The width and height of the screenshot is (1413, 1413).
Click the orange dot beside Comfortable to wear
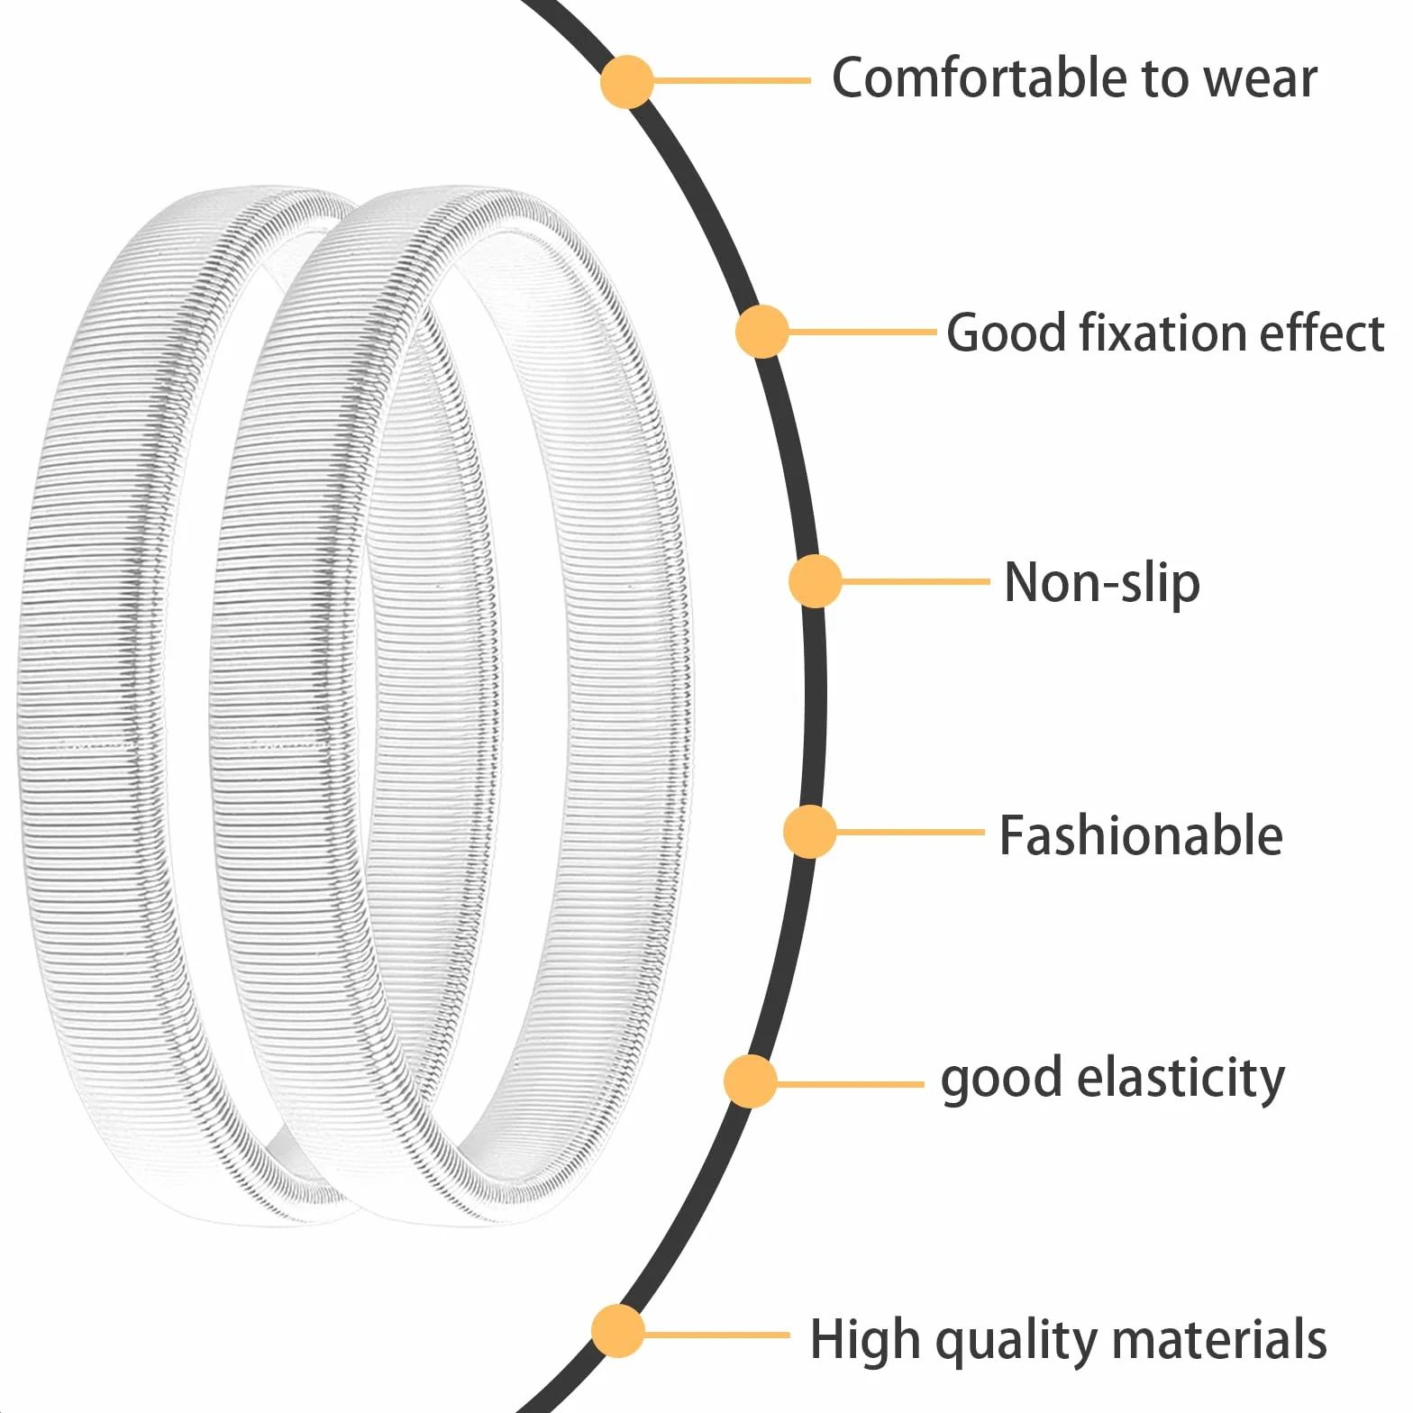[x=626, y=81]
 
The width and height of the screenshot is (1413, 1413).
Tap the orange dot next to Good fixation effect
[x=762, y=332]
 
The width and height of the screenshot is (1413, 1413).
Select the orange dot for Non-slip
[x=815, y=581]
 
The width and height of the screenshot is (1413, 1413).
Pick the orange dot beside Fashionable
[x=810, y=832]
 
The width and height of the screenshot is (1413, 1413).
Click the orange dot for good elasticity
[x=751, y=1081]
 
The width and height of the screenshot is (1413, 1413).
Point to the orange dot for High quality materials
[x=618, y=1331]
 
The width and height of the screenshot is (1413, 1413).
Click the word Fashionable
[x=1141, y=835]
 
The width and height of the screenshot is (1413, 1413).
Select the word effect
[x=1322, y=333]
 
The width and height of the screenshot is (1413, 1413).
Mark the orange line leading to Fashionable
[x=910, y=832]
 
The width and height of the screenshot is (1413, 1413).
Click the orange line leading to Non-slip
[x=916, y=581]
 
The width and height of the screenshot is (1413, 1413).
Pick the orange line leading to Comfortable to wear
[x=732, y=81]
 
